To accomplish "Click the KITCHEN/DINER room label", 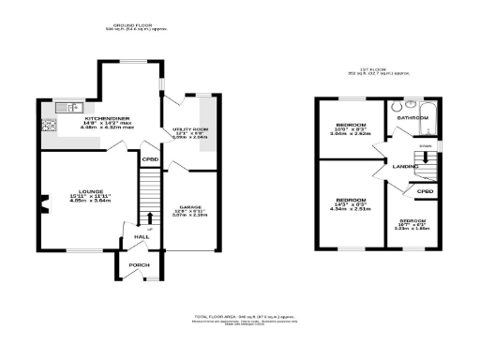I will point(95,118).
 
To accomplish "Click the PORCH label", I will point(139,265).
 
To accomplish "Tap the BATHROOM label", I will point(413,119).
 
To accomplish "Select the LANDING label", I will point(405,166).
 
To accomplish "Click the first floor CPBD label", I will point(426,191).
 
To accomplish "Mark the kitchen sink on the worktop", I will point(65,106).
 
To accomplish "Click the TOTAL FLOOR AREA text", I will point(240,318).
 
